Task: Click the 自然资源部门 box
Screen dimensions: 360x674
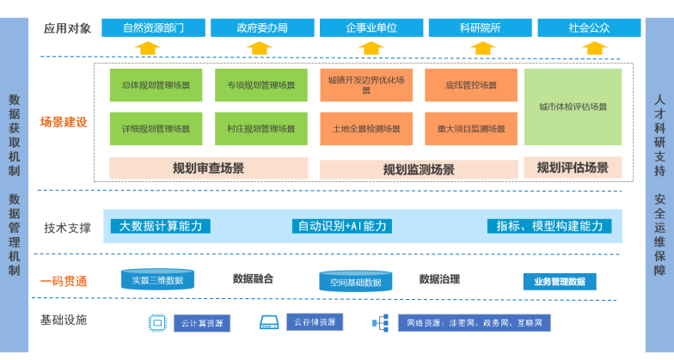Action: (x=153, y=27)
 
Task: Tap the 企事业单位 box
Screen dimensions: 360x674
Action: (x=371, y=27)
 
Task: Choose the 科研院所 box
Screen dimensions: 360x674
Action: (x=480, y=27)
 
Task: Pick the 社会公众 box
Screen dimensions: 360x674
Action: (x=589, y=27)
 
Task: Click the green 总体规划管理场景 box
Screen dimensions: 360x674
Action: (x=156, y=85)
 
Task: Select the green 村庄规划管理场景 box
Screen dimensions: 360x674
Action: (x=260, y=129)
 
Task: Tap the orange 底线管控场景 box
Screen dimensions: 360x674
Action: (x=470, y=85)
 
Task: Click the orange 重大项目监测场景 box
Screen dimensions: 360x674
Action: (x=470, y=129)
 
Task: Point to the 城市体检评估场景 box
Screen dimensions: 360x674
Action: (x=573, y=107)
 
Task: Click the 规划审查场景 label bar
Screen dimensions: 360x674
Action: (x=209, y=168)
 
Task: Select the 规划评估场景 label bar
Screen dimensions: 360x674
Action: (x=573, y=168)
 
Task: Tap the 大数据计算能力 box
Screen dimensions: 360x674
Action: (x=161, y=226)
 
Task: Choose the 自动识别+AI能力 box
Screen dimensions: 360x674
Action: (x=342, y=226)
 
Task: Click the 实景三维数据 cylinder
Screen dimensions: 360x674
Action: (x=157, y=279)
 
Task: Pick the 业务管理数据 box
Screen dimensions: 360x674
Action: (x=559, y=281)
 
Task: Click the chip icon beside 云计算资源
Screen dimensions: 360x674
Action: (x=157, y=323)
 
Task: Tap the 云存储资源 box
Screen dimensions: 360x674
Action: (x=313, y=322)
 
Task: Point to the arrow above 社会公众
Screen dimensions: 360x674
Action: (x=589, y=47)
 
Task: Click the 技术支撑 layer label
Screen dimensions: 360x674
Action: (x=67, y=227)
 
